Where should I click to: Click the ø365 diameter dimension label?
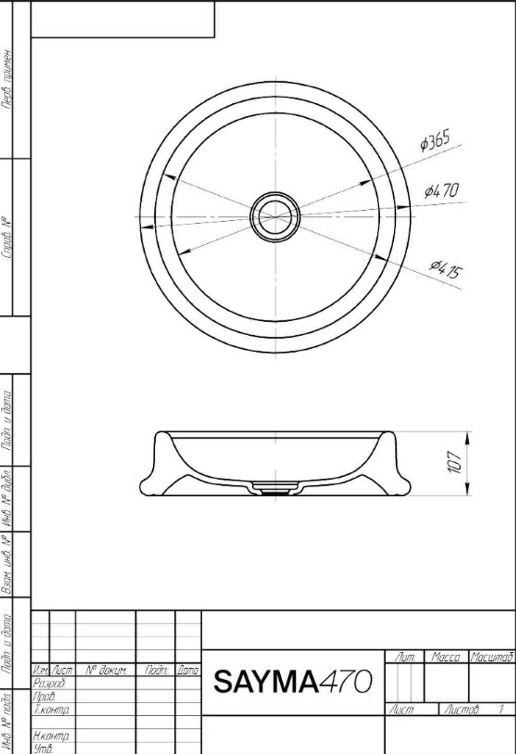(435, 140)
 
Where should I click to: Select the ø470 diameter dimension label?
(441, 191)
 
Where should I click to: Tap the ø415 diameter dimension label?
(446, 269)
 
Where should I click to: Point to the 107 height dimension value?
(455, 463)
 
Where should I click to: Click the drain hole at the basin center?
(275, 217)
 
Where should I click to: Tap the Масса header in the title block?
(446, 657)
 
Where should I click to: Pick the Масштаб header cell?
(492, 657)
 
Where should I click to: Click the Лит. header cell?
(405, 657)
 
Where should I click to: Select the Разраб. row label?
(49, 683)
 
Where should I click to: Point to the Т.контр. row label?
(52, 710)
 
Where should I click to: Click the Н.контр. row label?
(52, 735)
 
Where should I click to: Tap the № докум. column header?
(106, 670)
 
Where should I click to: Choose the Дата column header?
(188, 670)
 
